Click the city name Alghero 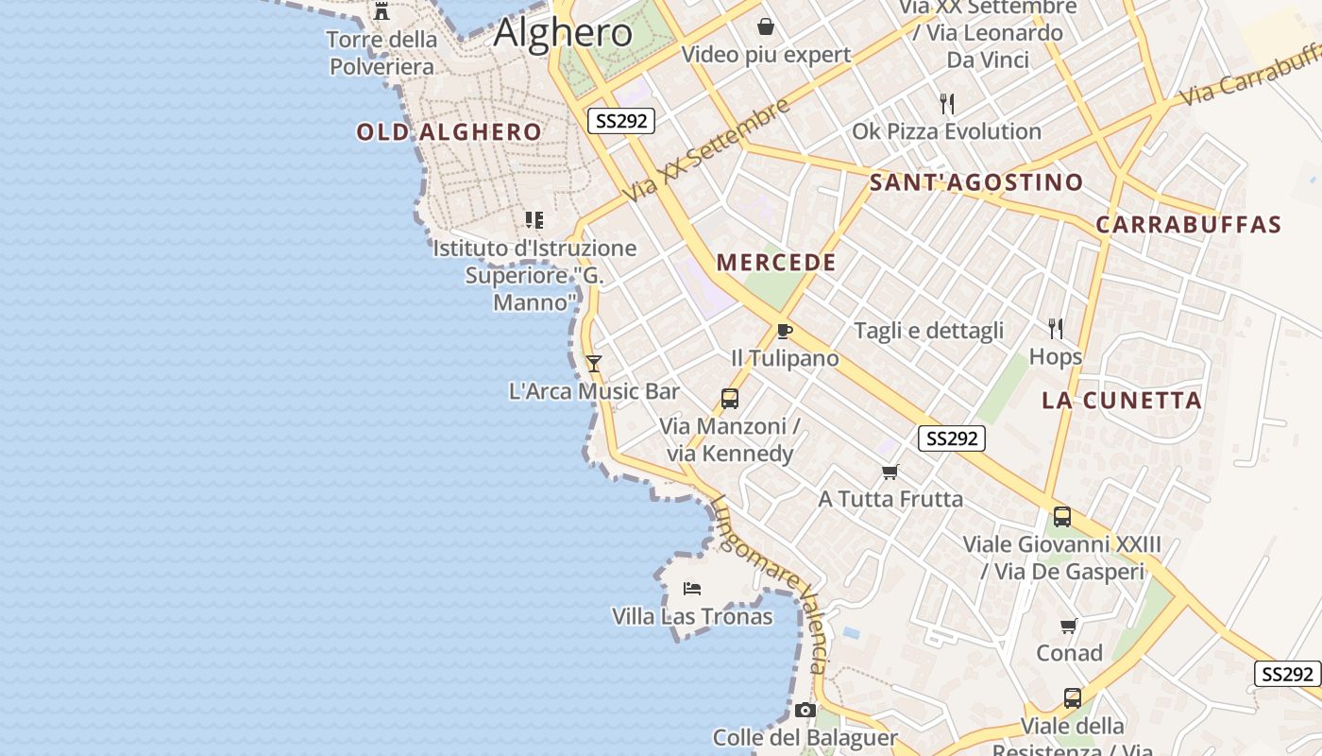coord(563,33)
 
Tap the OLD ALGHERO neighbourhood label coord(449,132)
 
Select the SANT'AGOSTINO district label coord(976,182)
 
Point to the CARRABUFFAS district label coord(1188,225)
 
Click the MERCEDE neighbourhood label coord(776,263)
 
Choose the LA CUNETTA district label coord(1122,401)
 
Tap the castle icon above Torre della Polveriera coord(381,11)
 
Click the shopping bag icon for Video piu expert coord(766,26)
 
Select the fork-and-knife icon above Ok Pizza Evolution coord(947,103)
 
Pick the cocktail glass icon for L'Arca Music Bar coord(594,363)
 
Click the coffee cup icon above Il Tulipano coord(783,331)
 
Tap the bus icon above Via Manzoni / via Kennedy coord(729,399)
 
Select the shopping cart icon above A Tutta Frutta coord(890,472)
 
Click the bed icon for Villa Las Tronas coord(692,589)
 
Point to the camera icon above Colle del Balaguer coord(805,710)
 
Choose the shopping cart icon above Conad coord(1069,626)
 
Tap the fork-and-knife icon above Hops coord(1056,329)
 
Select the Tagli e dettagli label coord(928,331)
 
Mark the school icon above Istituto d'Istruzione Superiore coord(534,220)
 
